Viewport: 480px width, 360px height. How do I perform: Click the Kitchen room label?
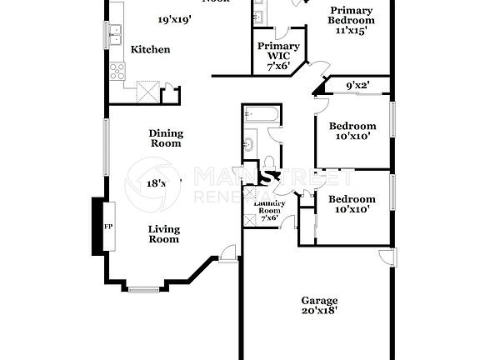(151, 49)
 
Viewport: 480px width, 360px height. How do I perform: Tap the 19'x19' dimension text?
(176, 19)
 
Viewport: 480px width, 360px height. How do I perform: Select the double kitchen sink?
(114, 35)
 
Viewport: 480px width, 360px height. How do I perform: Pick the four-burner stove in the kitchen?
(117, 71)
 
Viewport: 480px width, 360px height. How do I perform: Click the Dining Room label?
(166, 137)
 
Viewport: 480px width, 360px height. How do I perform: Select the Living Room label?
(164, 234)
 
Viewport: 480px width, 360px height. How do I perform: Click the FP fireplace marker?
(107, 226)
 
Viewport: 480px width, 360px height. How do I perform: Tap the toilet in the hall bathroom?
(272, 164)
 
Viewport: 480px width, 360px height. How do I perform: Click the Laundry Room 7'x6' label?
(270, 212)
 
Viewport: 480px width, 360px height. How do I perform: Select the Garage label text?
(320, 300)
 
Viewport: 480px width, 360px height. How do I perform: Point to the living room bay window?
(144, 289)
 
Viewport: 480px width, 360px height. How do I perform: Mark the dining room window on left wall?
(105, 147)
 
